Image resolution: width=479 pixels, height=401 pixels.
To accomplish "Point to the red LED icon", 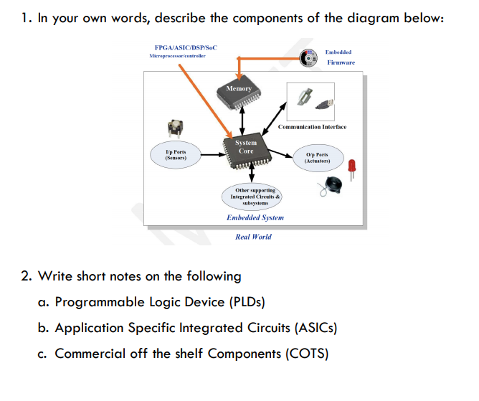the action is tap(352, 167).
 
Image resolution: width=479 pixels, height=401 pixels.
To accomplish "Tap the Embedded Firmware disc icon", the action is tap(309, 57).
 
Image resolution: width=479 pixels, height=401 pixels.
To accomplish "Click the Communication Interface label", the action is tap(312, 127).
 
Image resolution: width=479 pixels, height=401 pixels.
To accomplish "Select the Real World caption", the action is tap(253, 236).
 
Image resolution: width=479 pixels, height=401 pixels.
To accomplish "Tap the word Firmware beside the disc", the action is tap(341, 63).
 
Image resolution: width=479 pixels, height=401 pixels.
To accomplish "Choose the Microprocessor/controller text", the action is tap(177, 55).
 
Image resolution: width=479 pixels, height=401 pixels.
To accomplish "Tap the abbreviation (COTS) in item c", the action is tap(310, 354).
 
